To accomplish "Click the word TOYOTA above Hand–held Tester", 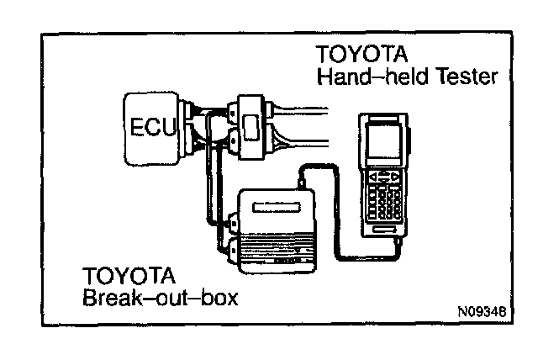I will [361, 55].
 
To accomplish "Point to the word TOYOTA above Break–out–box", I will [129, 276].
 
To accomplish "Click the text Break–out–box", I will [156, 297].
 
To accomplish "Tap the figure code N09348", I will [482, 310].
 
